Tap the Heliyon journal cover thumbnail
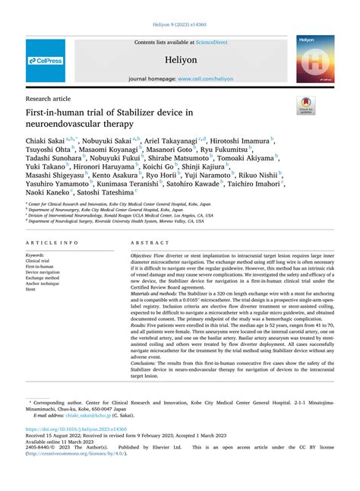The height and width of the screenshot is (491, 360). tap(315, 60)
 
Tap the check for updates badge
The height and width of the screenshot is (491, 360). tap(308, 104)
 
